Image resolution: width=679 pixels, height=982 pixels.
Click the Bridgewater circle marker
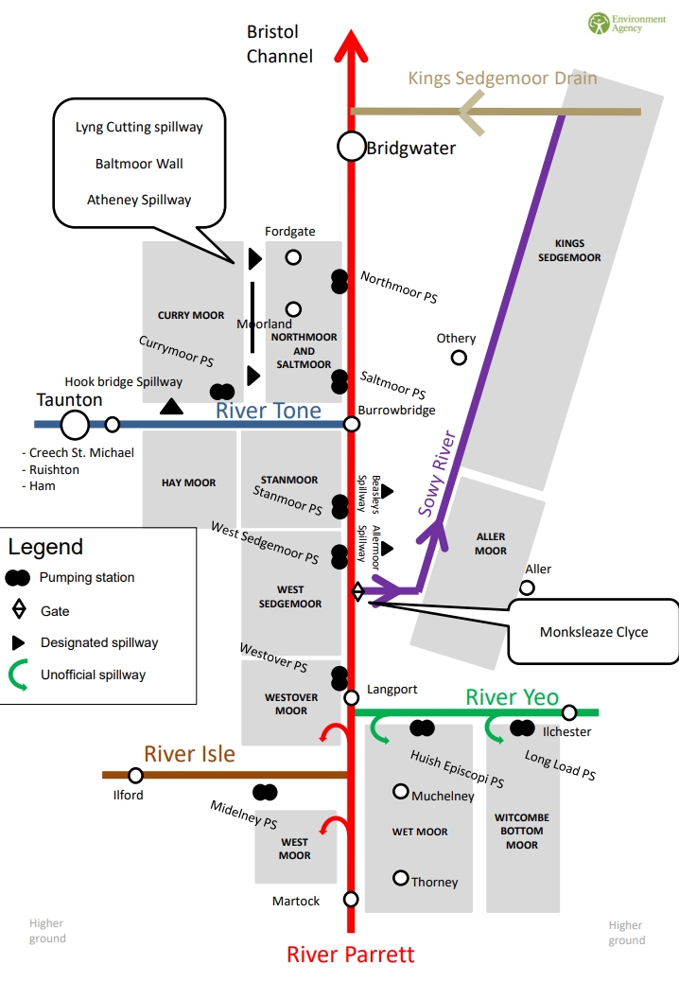click(x=351, y=147)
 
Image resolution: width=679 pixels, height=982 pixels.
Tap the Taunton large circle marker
click(x=75, y=425)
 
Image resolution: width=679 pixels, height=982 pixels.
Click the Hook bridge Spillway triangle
click(x=171, y=407)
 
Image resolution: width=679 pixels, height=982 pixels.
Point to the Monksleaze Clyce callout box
click(x=594, y=631)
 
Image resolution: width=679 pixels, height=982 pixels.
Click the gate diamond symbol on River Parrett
click(x=357, y=591)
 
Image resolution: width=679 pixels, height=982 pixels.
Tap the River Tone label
click(x=268, y=411)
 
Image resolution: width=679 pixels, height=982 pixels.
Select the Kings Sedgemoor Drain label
click(x=502, y=78)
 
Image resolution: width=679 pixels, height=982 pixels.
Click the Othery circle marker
click(x=459, y=358)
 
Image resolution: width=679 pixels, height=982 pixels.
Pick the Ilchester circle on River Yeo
click(x=568, y=712)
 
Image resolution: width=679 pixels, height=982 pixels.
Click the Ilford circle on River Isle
click(x=135, y=776)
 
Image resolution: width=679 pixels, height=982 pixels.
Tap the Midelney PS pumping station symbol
click(x=265, y=792)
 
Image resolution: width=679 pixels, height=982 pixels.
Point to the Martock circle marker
click(x=351, y=899)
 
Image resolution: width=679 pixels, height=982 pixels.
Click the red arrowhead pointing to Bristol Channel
click(x=351, y=43)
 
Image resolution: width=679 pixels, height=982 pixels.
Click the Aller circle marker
click(x=527, y=587)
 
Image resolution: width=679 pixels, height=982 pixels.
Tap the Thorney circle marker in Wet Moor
click(x=401, y=877)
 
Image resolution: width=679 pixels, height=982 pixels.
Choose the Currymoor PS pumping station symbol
click(x=222, y=391)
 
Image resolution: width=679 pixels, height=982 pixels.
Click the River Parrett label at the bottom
click(x=350, y=954)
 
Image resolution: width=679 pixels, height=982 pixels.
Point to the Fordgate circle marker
click(x=293, y=256)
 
